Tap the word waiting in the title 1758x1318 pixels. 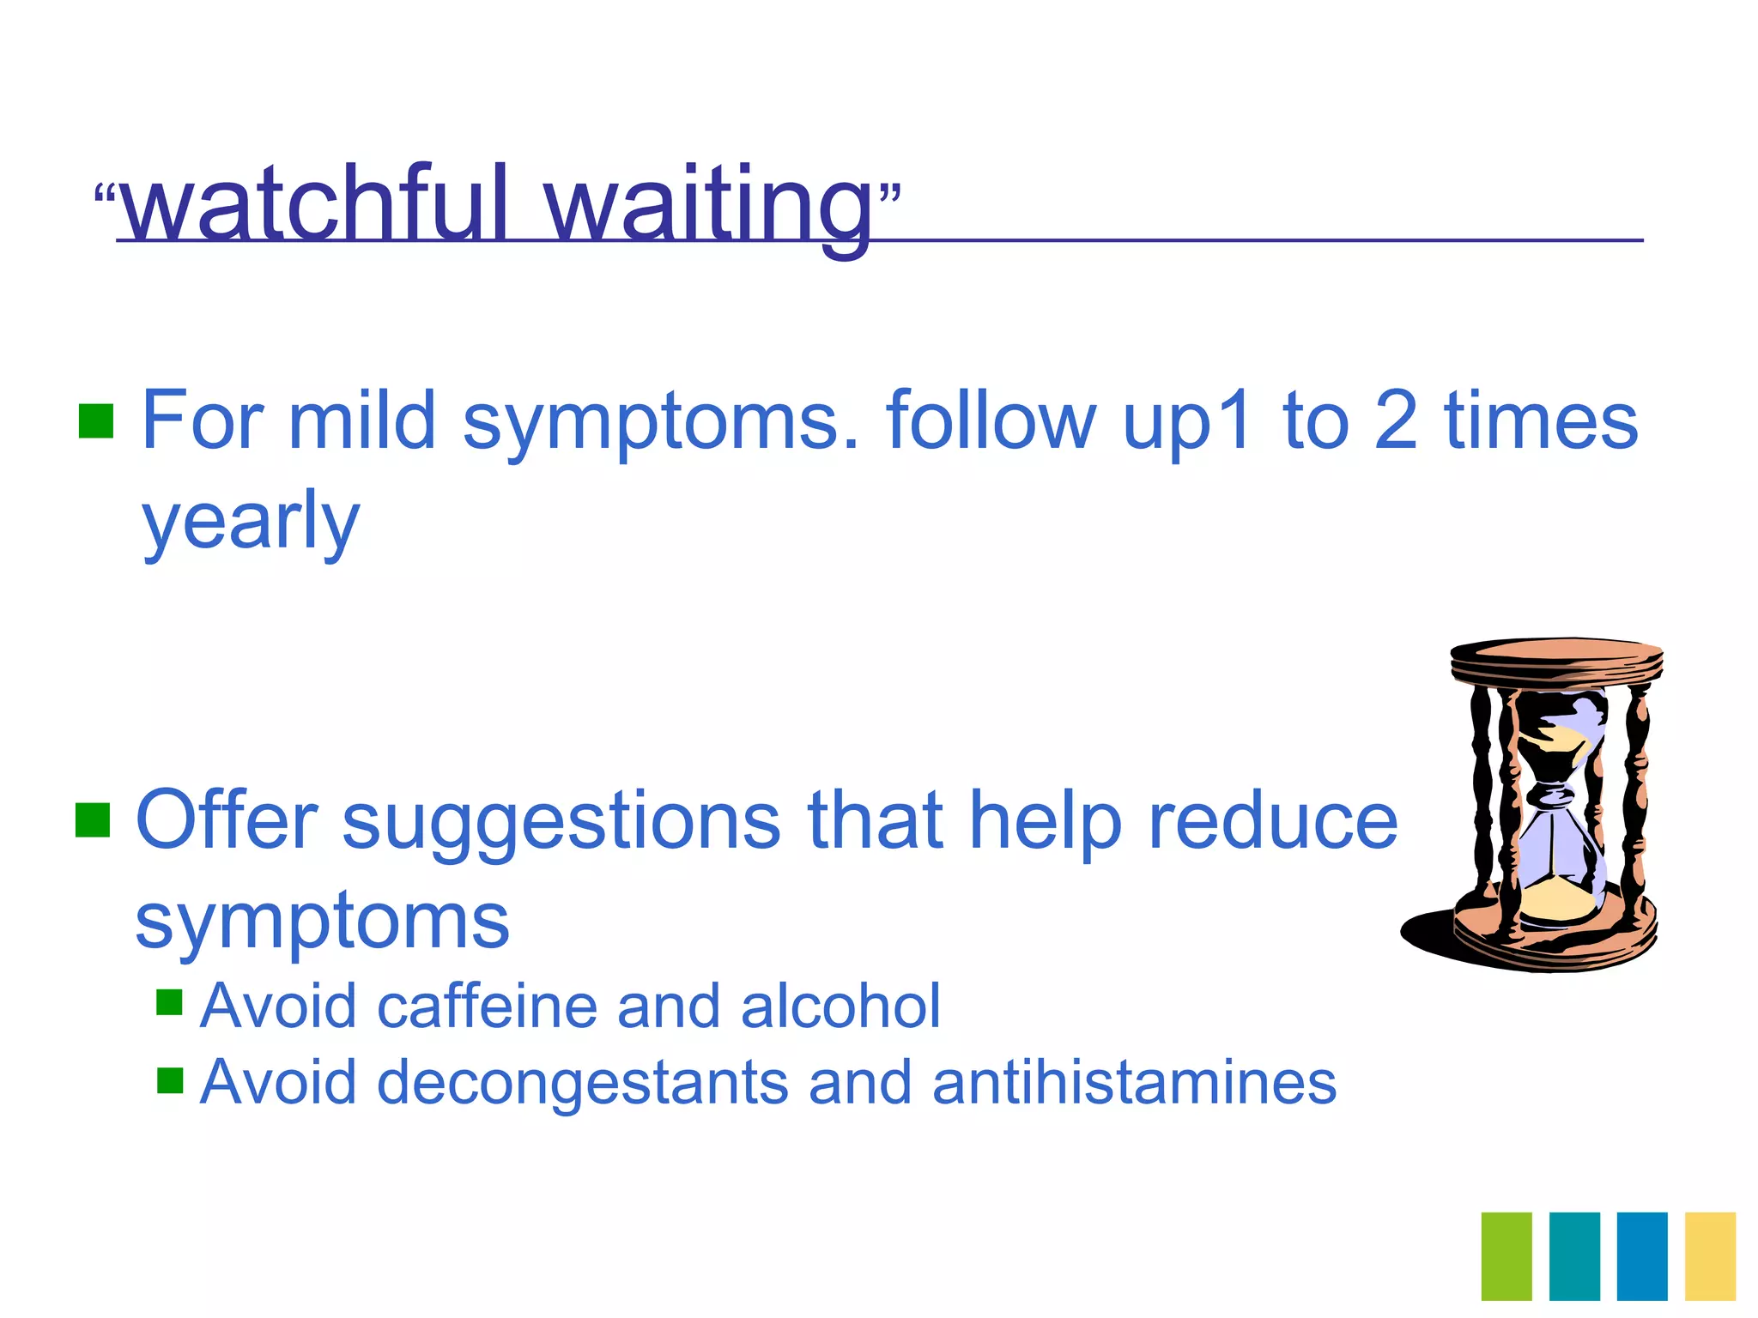(709, 206)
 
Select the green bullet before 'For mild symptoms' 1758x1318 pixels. (96, 420)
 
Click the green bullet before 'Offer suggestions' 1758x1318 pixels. (93, 819)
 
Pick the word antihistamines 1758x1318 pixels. (1134, 1082)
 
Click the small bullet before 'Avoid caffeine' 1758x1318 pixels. (170, 1002)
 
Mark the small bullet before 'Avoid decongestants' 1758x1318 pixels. (170, 1079)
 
